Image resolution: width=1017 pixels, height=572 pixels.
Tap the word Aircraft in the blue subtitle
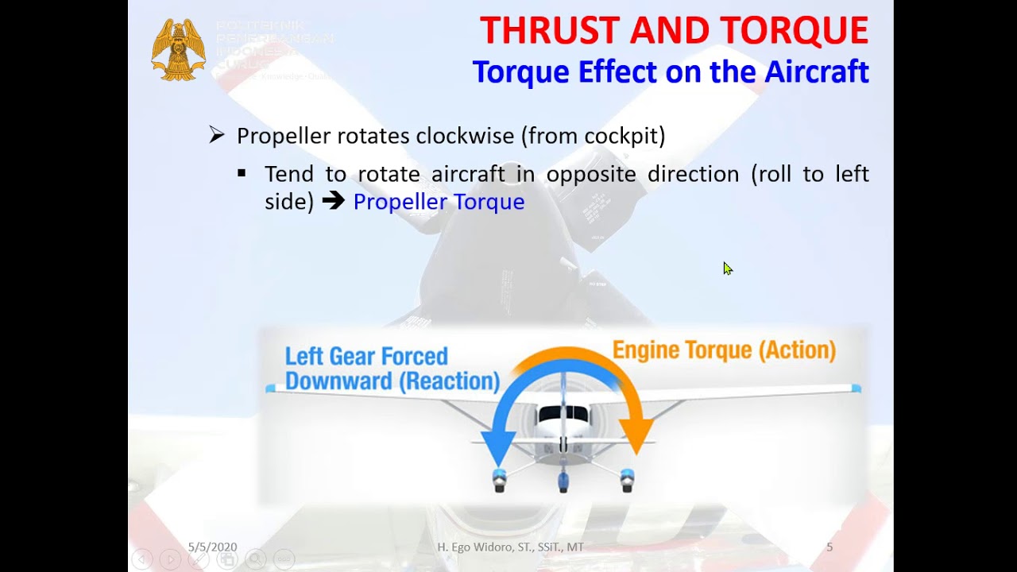[x=817, y=71]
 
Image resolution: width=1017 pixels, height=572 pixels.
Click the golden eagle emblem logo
[x=179, y=50]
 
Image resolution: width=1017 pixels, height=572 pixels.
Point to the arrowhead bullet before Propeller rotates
[x=217, y=136]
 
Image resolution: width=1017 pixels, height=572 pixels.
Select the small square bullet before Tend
[x=242, y=172]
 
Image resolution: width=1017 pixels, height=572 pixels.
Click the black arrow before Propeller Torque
[x=334, y=202]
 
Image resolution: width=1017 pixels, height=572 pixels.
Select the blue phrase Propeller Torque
[x=439, y=202]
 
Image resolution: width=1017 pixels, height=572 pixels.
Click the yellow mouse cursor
[x=728, y=269]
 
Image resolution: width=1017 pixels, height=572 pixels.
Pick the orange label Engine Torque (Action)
[x=724, y=350]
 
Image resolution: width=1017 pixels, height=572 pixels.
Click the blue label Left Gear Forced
[x=366, y=356]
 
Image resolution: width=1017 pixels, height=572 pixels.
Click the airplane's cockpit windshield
[x=563, y=415]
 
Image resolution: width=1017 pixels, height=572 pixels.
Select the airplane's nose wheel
[x=563, y=480]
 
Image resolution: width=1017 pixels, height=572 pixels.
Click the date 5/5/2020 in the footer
[x=212, y=547]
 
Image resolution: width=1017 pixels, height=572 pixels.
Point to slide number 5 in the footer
[x=829, y=547]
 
